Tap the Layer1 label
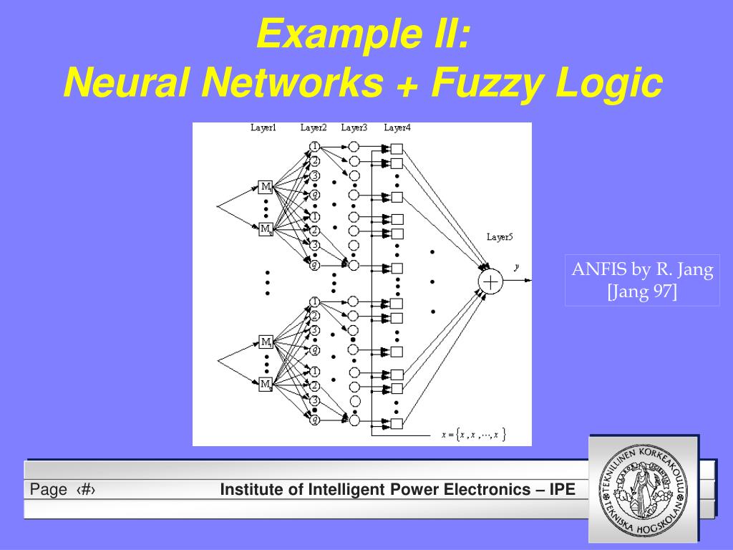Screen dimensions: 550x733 tap(263, 128)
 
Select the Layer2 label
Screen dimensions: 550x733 tap(314, 128)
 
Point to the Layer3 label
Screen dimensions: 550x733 tap(354, 128)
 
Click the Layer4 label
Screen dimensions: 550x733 tap(397, 128)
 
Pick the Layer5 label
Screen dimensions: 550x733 tap(500, 236)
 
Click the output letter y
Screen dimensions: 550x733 tap(516, 267)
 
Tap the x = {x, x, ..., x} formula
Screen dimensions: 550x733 tap(474, 434)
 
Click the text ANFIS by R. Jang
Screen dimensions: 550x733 tap(642, 270)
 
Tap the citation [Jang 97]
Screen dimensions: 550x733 tap(642, 292)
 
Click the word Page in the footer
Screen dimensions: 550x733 tap(49, 490)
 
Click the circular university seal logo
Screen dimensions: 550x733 tap(644, 490)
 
